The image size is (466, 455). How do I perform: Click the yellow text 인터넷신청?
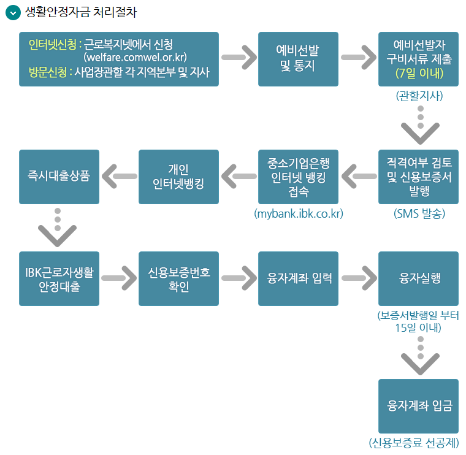(x=53, y=45)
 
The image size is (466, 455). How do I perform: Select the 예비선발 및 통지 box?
(x=298, y=59)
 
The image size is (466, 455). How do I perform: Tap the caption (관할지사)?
(x=419, y=96)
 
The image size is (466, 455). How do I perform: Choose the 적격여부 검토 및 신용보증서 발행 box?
(x=419, y=177)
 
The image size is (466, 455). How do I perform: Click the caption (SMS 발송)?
(x=419, y=214)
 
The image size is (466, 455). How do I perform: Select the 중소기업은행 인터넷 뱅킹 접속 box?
(x=298, y=177)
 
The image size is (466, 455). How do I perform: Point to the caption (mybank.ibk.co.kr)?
(x=298, y=214)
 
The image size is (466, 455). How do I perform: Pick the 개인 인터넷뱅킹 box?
(x=178, y=177)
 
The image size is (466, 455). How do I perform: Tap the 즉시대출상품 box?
(x=59, y=177)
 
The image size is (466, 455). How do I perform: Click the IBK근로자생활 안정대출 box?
(x=59, y=278)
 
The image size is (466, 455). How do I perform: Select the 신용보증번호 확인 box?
(x=178, y=278)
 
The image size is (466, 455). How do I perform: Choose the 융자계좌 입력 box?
(x=298, y=278)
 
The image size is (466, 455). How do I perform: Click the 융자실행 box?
(x=419, y=278)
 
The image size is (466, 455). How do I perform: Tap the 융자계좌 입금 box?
(x=419, y=406)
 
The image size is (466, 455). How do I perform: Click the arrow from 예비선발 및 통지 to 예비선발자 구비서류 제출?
(x=358, y=58)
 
